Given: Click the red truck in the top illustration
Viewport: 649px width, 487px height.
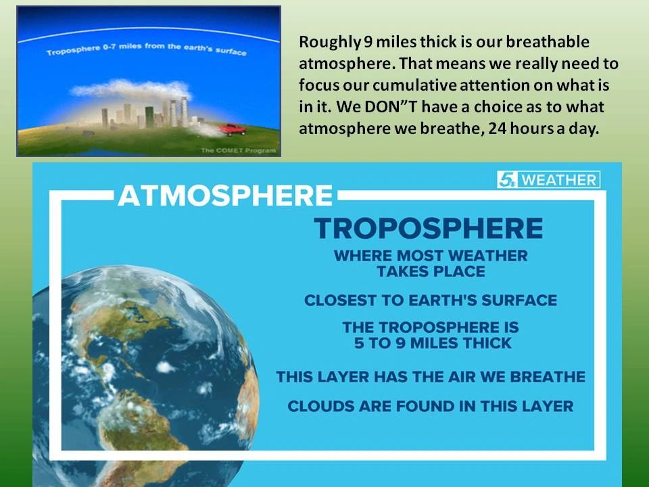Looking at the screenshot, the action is (x=233, y=130).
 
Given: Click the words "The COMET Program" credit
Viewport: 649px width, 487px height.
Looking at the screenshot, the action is (x=238, y=150).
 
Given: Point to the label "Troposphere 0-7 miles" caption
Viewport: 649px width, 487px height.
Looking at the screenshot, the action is (x=147, y=49).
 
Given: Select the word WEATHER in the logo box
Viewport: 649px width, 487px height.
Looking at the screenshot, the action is (x=559, y=180).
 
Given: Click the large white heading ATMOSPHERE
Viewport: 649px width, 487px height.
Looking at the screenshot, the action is (x=225, y=195).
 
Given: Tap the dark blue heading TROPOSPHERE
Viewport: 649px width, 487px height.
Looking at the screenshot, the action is (x=429, y=228).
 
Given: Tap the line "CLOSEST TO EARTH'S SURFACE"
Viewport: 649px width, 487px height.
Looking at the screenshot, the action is (x=431, y=300).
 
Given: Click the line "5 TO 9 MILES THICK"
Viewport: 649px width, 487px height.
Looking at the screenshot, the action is (x=433, y=343).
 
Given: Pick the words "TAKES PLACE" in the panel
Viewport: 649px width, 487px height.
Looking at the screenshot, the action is (x=431, y=272).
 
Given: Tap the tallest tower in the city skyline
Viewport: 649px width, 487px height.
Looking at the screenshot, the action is (x=184, y=111).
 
